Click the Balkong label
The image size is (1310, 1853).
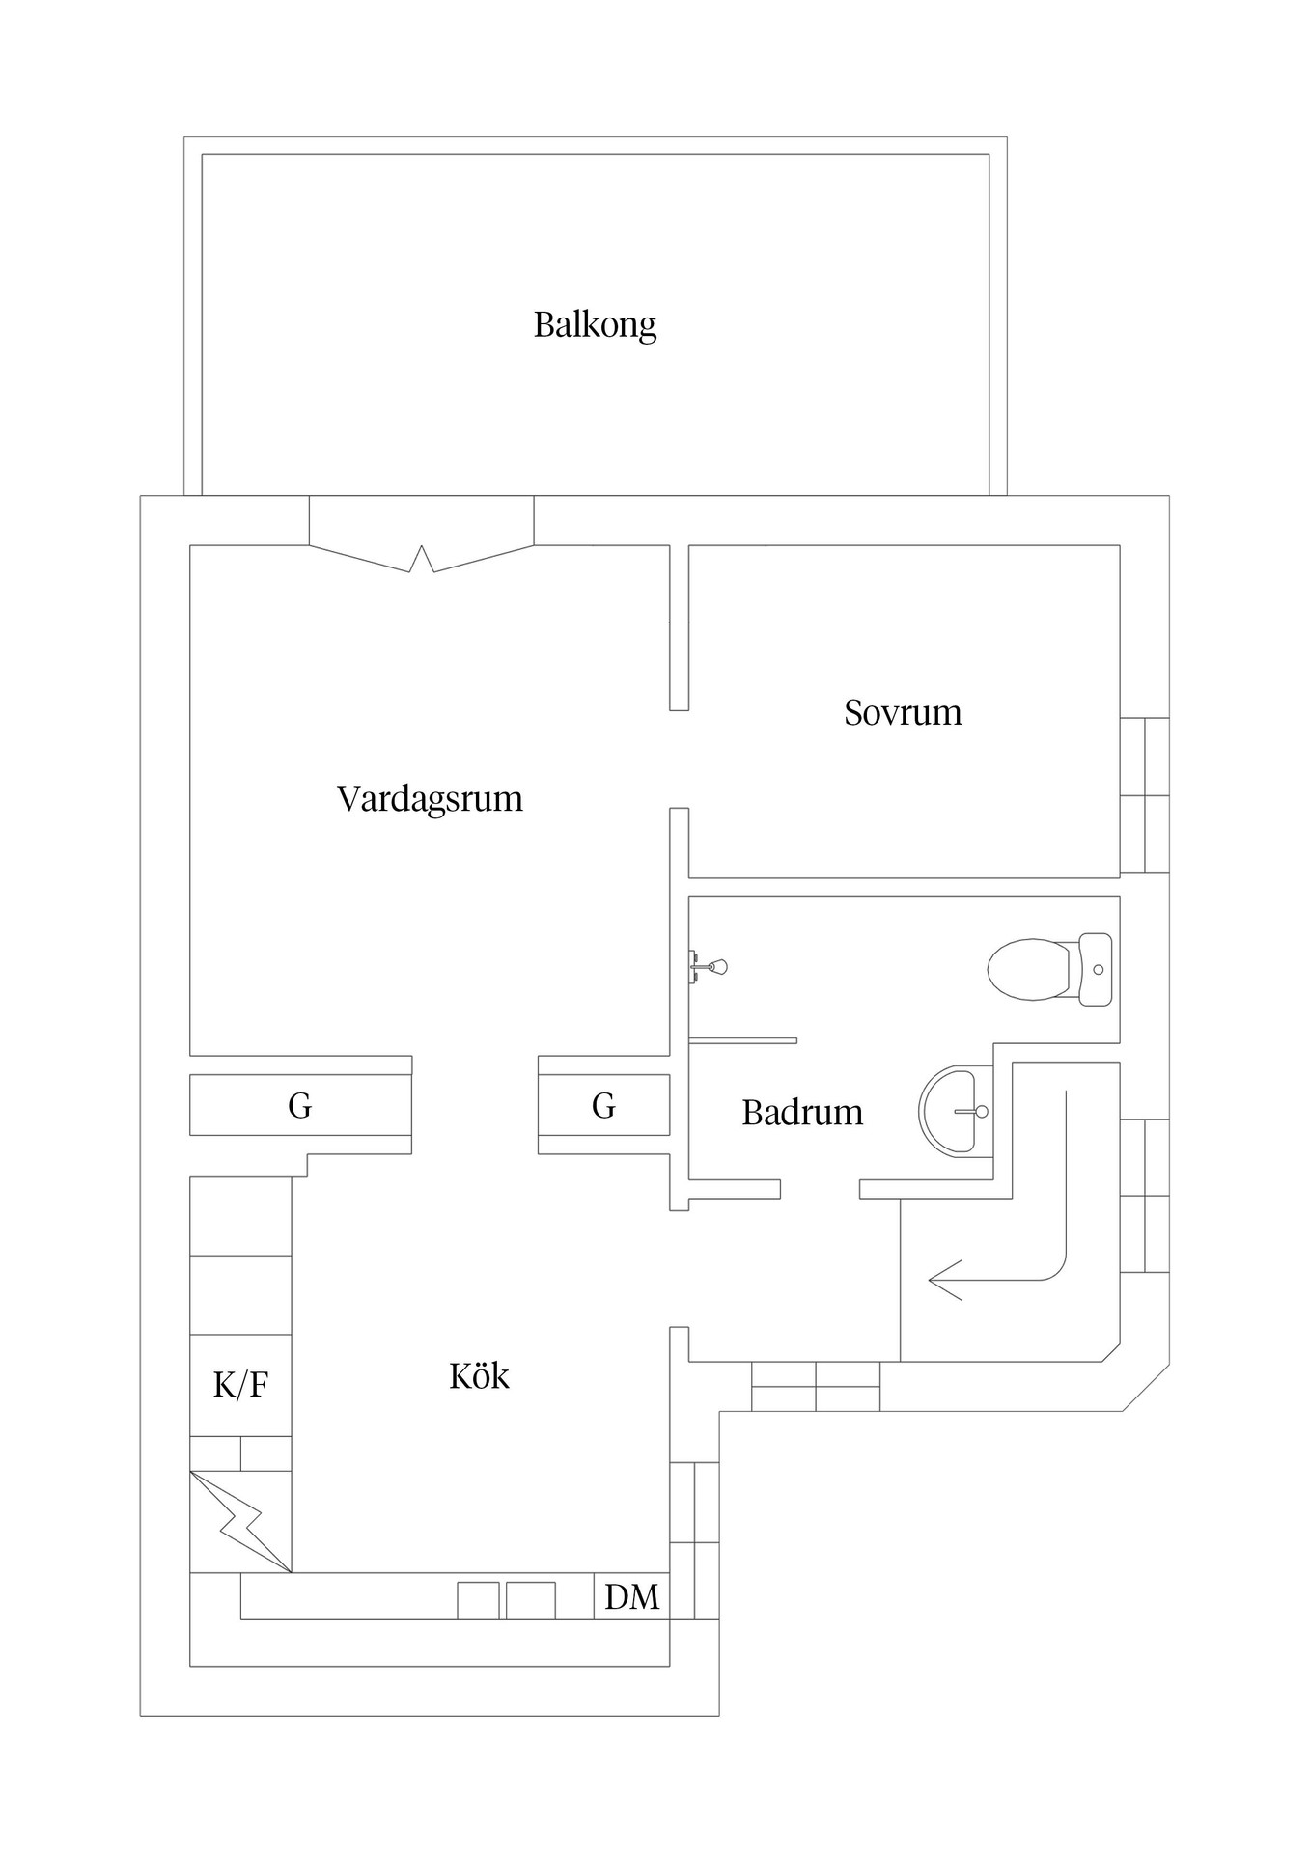coord(595,324)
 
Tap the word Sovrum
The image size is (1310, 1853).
coord(903,712)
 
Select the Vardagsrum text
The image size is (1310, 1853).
coord(430,798)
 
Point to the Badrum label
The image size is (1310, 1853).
coord(802,1113)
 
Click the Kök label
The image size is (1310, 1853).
coord(479,1375)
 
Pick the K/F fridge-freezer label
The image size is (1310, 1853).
coord(240,1386)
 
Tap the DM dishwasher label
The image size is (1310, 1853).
coord(631,1597)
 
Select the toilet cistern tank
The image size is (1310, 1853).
coord(1095,969)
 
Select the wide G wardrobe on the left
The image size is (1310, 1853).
coord(300,1105)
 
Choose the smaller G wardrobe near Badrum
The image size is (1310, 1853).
coord(603,1105)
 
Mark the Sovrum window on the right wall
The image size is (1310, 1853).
coord(1145,795)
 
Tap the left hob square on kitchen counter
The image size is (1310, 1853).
coord(478,1600)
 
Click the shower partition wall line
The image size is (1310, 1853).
coord(742,1040)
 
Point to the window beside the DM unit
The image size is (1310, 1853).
coord(694,1540)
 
